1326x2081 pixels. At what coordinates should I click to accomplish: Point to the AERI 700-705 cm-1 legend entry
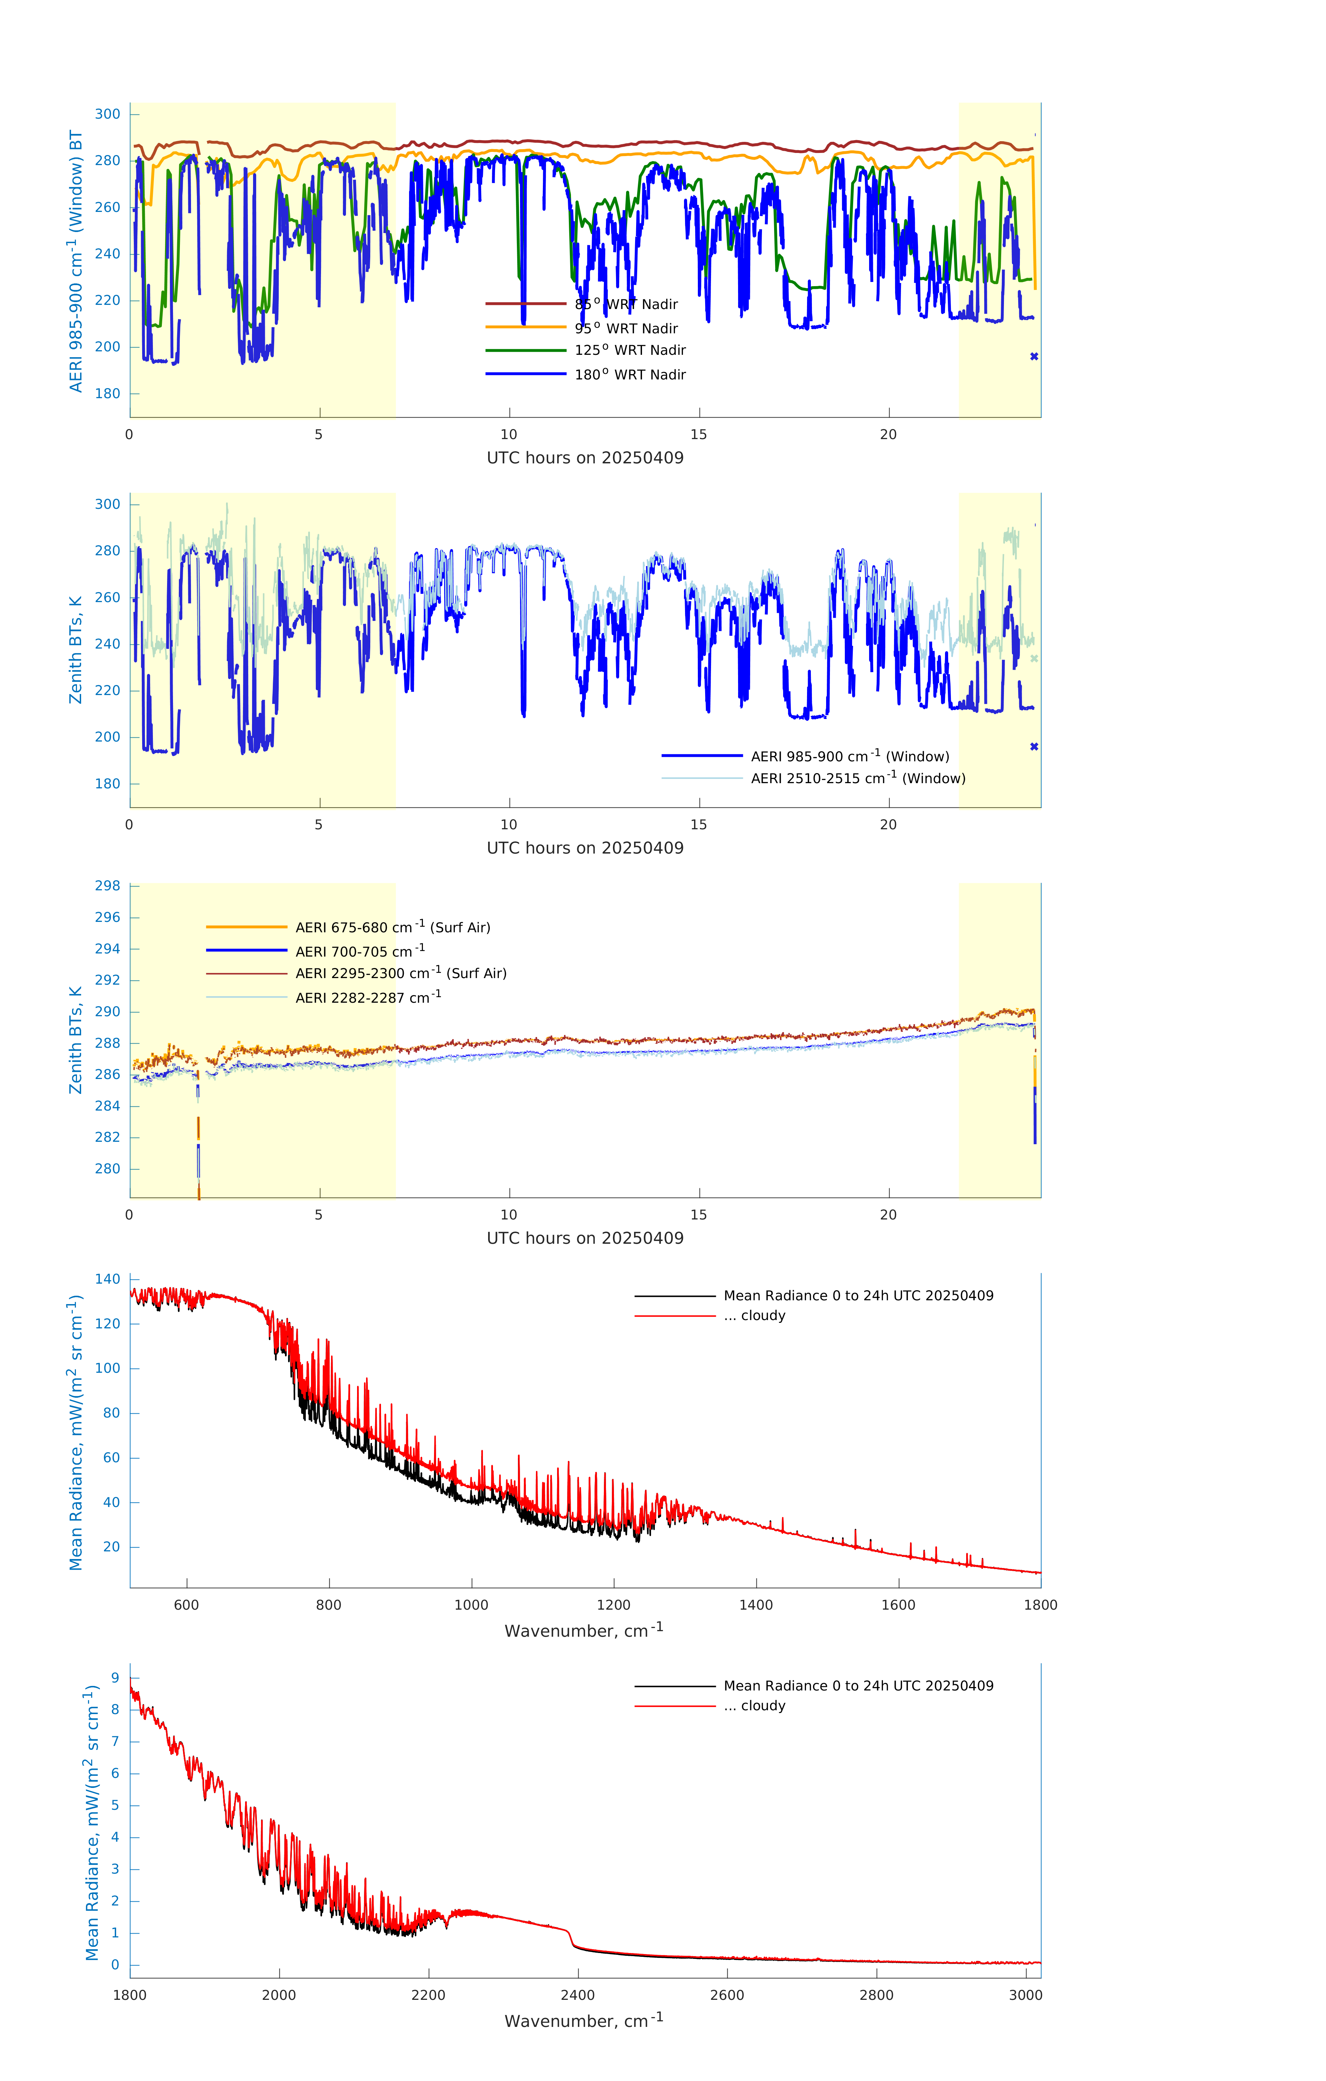(x=359, y=951)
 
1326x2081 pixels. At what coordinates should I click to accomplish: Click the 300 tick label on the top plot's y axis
(x=108, y=114)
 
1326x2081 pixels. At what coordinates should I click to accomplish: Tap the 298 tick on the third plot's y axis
(x=108, y=886)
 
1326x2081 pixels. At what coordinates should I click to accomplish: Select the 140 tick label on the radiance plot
(x=108, y=1279)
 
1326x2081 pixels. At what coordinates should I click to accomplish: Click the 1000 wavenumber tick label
(x=471, y=1605)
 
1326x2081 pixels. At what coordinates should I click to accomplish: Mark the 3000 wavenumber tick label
(x=1025, y=1995)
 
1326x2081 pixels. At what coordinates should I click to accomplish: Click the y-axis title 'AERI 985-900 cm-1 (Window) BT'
(x=76, y=261)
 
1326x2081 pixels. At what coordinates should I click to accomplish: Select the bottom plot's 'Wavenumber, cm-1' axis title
(x=584, y=2021)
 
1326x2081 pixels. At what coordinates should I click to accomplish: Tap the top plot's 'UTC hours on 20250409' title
(x=585, y=458)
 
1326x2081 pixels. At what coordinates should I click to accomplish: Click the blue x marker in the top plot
(x=1034, y=356)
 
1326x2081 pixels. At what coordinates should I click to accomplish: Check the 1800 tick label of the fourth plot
(x=1040, y=1605)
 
